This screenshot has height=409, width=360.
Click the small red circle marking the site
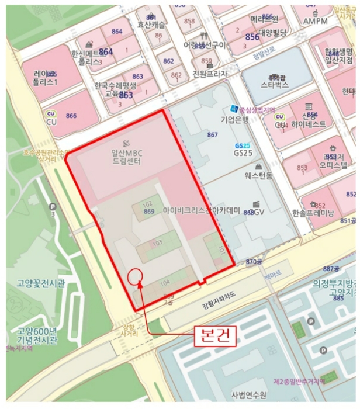pos(135,275)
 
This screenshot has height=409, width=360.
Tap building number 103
pos(157,242)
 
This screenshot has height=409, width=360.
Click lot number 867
pos(213,135)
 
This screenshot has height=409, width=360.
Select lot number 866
pos(71,116)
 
